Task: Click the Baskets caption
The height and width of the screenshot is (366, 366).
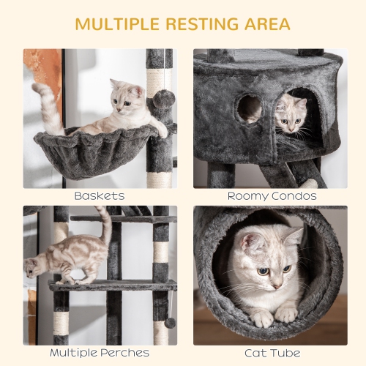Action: pyautogui.click(x=99, y=196)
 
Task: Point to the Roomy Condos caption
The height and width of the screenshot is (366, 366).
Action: pyautogui.click(x=272, y=196)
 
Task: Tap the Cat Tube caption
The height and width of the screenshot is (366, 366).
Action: pyautogui.click(x=272, y=354)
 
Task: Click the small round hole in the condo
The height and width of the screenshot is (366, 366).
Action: pyautogui.click(x=249, y=108)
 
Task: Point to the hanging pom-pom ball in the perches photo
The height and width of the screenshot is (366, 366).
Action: pyautogui.click(x=169, y=323)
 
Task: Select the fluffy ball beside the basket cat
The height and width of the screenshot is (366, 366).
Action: pyautogui.click(x=163, y=100)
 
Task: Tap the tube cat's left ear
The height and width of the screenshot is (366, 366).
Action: pyautogui.click(x=294, y=236)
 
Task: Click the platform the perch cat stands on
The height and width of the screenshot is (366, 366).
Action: pyautogui.click(x=110, y=285)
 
